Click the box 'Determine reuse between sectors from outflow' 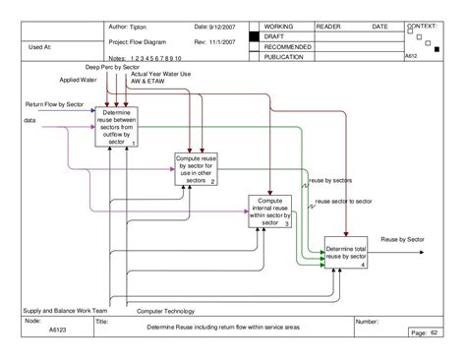pos(117,127)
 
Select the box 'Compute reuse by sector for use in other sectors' pos(195,168)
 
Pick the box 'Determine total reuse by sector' pos(347,252)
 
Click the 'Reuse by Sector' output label pos(402,239)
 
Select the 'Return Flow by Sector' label pos(52,101)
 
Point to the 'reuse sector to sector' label pos(343,201)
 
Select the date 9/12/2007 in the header pos(223,25)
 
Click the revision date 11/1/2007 pos(224,42)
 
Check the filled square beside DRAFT pos(256,36)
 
